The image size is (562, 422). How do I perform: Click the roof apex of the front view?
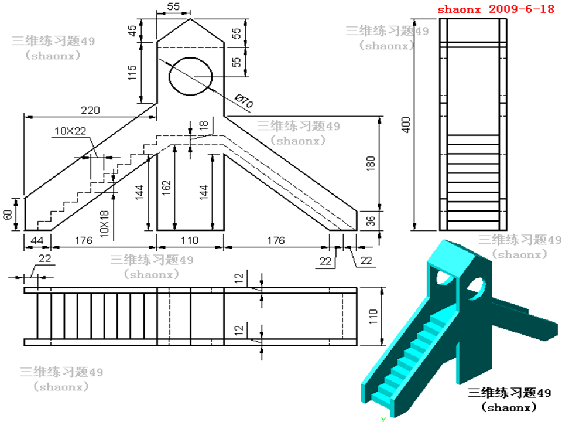(190, 19)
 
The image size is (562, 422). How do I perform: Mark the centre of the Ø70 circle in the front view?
(190, 76)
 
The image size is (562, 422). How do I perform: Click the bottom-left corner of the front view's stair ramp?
(25, 230)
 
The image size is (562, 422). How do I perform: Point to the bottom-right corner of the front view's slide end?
(357, 230)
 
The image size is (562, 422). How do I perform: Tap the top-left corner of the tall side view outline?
(440, 19)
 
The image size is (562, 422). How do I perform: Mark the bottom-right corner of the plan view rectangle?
(357, 346)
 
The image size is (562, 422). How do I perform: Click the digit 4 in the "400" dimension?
(406, 130)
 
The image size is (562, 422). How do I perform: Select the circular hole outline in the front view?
(190, 76)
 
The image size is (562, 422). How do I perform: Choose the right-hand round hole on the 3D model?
(476, 288)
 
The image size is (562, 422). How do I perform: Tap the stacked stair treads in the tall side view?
(473, 182)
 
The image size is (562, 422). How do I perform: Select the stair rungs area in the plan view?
(97, 316)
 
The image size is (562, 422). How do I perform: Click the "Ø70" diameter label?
(244, 101)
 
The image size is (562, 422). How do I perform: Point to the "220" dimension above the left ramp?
(90, 110)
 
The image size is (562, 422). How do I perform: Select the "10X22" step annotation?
(70, 131)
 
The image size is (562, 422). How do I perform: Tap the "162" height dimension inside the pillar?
(166, 188)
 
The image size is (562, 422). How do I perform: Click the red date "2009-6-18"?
(522, 9)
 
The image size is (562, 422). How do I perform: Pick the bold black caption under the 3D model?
(509, 399)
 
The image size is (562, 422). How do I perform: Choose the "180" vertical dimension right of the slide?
(371, 164)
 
